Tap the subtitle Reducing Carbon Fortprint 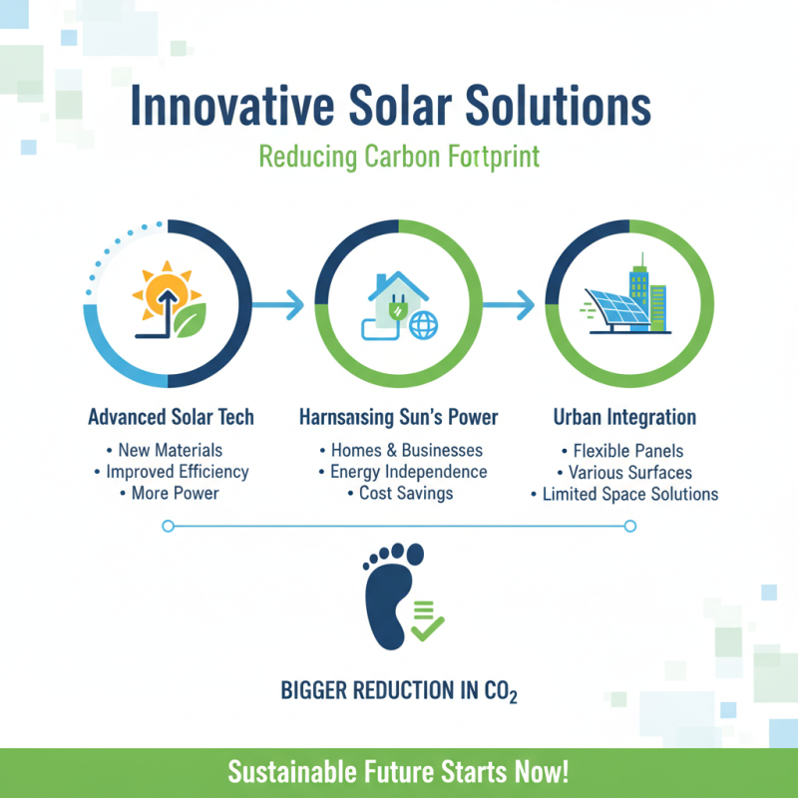tap(398, 157)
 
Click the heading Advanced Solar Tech tap(171, 417)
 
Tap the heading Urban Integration tap(624, 417)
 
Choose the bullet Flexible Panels tap(624, 450)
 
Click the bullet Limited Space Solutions tap(624, 494)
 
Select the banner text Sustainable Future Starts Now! tap(398, 771)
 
